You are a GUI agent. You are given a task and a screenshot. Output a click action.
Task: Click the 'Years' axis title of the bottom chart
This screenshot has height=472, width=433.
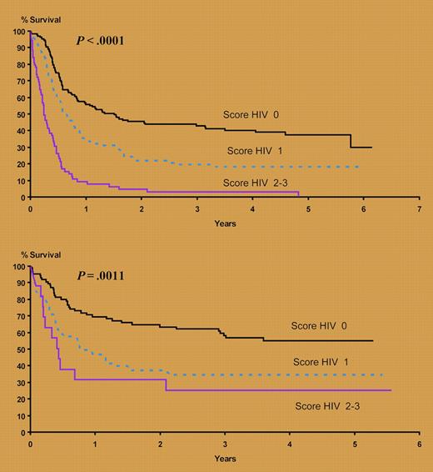[x=225, y=459]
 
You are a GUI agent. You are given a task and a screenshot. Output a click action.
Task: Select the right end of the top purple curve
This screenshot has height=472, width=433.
[x=298, y=193]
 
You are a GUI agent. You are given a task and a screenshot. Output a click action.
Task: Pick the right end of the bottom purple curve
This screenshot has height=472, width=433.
[x=391, y=390]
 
